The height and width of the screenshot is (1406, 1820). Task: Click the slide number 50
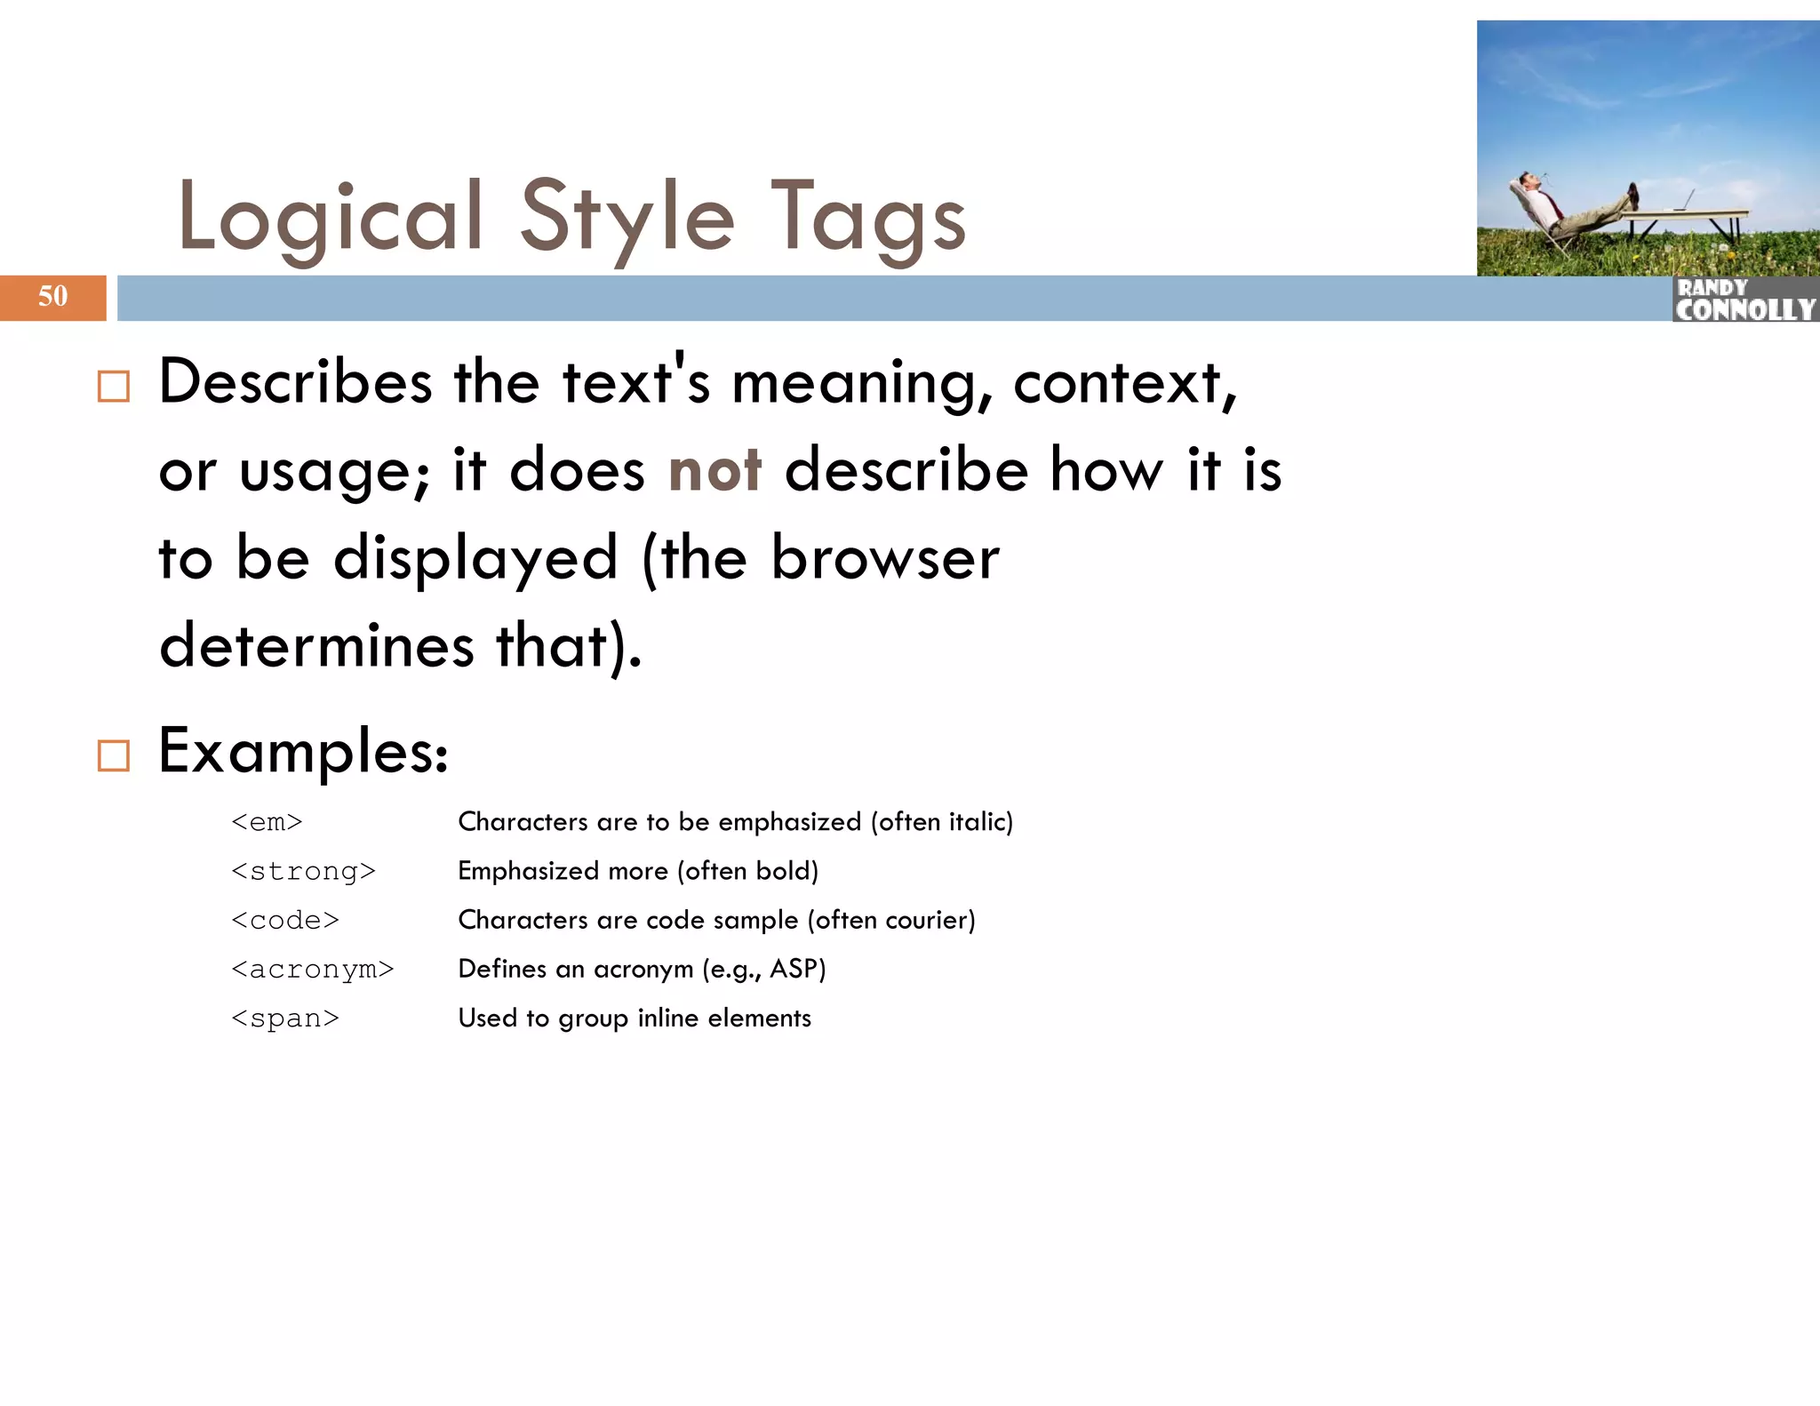tap(52, 296)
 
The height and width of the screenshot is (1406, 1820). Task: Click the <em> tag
tap(267, 822)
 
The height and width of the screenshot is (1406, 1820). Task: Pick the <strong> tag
tap(303, 871)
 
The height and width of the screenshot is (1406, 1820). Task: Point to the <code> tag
tap(284, 920)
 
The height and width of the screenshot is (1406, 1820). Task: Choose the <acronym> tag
tap(312, 969)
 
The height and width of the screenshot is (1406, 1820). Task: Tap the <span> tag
tap(284, 1019)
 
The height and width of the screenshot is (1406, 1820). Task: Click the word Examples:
tap(303, 752)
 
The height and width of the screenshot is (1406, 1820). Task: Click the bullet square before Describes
tap(114, 387)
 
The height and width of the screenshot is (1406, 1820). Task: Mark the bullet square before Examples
tap(114, 755)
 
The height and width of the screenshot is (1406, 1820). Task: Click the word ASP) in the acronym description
tap(797, 968)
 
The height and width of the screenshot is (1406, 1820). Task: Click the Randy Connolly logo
tap(1744, 300)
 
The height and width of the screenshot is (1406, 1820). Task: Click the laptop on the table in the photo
tap(1682, 202)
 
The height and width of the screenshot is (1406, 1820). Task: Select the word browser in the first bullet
tap(884, 558)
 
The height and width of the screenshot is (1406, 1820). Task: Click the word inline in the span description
tap(667, 1018)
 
